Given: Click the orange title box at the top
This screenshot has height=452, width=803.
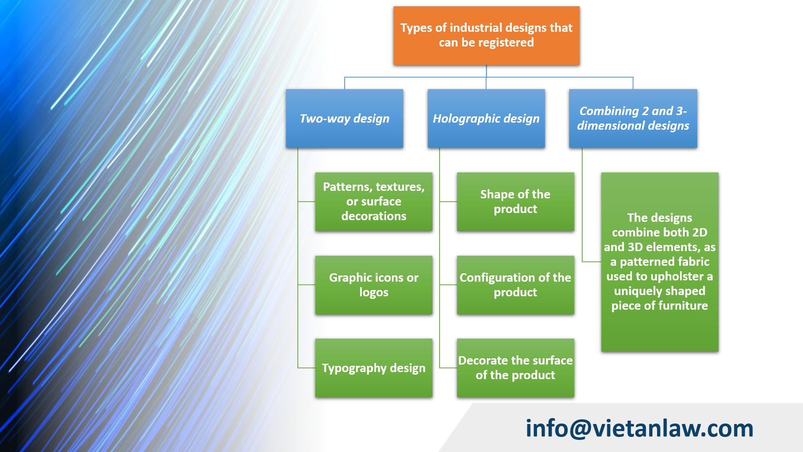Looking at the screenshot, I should tap(486, 36).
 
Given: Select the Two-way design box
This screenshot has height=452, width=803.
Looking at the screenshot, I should tap(344, 118).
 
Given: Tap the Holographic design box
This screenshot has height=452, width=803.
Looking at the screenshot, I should tap(486, 118).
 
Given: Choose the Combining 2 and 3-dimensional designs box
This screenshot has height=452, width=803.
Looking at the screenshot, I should tap(633, 118).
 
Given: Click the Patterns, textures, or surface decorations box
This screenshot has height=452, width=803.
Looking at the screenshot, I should tap(373, 201).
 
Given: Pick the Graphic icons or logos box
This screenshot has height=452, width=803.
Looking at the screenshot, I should tap(373, 285).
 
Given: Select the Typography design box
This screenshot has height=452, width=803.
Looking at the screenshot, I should tap(373, 368).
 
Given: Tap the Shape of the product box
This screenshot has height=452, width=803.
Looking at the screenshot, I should tap(515, 201).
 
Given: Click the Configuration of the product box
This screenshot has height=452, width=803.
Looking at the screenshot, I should tap(515, 285).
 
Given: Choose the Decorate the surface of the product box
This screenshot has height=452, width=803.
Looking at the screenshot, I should tap(515, 368).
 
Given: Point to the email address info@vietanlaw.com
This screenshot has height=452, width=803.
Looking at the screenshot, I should tap(639, 429).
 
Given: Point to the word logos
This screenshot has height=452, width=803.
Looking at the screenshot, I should tap(373, 292).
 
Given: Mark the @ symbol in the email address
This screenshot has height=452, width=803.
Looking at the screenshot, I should tap(580, 429).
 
